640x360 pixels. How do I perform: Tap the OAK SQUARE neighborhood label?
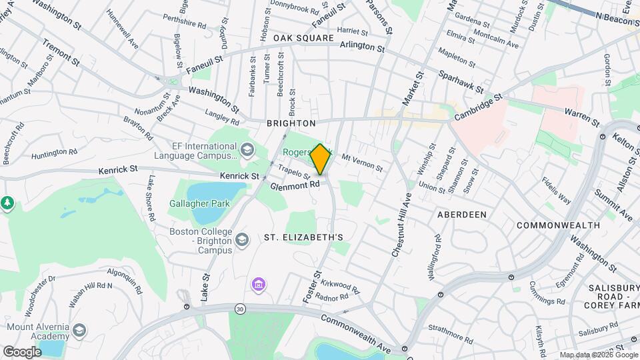click(x=303, y=39)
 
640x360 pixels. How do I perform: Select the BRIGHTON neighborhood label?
click(x=291, y=123)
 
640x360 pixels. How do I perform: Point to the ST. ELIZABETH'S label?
click(x=303, y=237)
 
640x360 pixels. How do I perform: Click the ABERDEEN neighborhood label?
click(x=461, y=215)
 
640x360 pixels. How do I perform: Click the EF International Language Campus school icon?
click(x=247, y=149)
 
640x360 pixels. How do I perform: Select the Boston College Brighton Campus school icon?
click(x=242, y=239)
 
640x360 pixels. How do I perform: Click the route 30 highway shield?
click(x=239, y=309)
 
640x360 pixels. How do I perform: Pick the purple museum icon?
click(x=258, y=285)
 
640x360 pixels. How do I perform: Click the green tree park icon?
click(x=7, y=203)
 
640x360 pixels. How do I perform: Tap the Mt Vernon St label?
click(x=362, y=163)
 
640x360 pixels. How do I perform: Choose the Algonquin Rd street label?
click(x=124, y=281)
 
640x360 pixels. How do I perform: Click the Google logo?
click(x=22, y=351)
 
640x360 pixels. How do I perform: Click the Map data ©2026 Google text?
click(x=597, y=355)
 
